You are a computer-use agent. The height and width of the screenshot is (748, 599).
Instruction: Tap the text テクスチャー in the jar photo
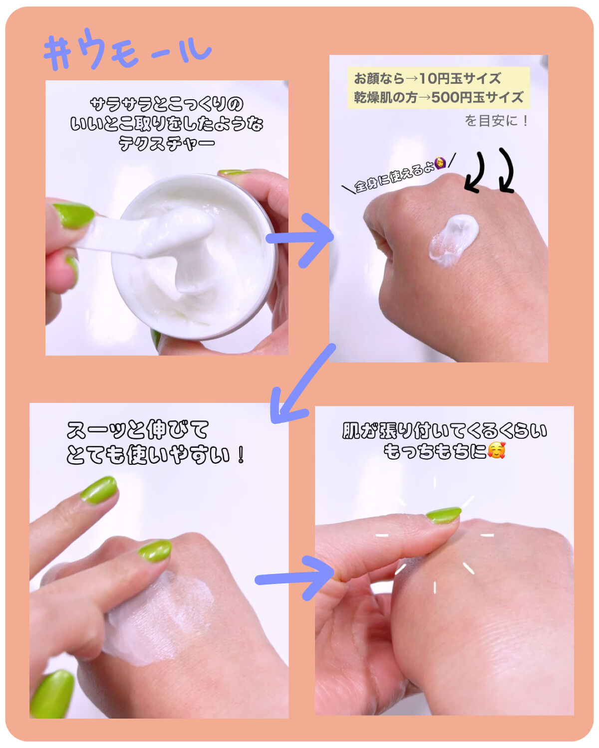[167, 143]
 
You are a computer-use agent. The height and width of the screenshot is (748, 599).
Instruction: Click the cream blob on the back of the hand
[453, 240]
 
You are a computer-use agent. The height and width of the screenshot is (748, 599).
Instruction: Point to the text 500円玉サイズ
[477, 98]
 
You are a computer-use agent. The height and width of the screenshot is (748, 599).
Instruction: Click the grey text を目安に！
[496, 121]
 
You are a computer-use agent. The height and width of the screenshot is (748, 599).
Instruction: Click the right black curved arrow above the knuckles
[507, 171]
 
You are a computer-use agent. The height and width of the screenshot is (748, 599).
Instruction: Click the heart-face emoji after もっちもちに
[496, 450]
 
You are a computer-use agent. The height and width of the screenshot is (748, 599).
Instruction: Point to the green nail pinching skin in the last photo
[443, 515]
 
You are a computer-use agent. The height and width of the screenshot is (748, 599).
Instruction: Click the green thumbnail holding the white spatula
[74, 215]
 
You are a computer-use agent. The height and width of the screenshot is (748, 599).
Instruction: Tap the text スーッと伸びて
[138, 430]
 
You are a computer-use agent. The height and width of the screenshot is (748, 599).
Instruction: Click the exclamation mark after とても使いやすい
[241, 455]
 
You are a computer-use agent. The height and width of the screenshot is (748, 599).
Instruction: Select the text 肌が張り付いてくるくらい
[444, 431]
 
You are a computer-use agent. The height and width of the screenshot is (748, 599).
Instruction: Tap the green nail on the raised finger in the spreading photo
[99, 490]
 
